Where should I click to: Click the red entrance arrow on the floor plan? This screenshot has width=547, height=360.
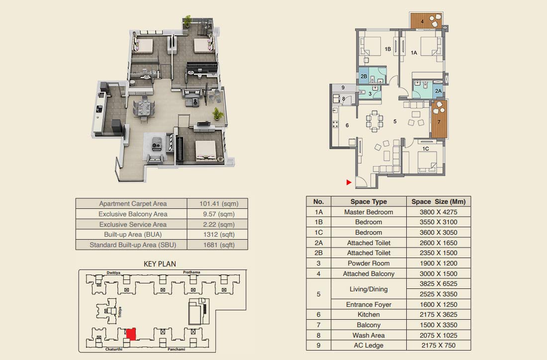pos(349,182)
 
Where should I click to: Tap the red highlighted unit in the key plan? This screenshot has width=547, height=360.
pos(131,334)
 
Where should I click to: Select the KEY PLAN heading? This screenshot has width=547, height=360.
pos(160,264)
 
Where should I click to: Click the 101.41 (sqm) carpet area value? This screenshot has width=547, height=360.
pos(219,204)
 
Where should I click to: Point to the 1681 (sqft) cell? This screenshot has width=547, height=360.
pos(219,245)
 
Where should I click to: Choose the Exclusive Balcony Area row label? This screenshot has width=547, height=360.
pos(133,214)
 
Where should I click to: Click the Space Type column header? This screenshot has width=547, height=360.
pos(368,201)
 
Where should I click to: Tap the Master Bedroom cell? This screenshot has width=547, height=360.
pos(368,212)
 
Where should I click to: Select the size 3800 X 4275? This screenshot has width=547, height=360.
pos(439,212)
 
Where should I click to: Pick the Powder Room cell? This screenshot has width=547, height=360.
pos(368,264)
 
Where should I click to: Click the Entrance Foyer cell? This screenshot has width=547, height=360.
pos(368,304)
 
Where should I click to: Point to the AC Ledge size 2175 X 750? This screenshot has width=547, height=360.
pos(439,346)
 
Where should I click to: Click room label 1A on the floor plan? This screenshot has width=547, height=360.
pos(414,53)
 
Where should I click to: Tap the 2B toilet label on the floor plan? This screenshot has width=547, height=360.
pos(364,76)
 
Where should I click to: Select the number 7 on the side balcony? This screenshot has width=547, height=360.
pos(439,122)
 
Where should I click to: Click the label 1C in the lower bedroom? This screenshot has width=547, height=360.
pos(426,149)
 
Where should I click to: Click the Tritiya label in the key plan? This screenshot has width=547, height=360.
pos(120,312)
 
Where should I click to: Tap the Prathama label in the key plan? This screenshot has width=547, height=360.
pos(191,272)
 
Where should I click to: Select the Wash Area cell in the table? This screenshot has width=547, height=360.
pos(368,335)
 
